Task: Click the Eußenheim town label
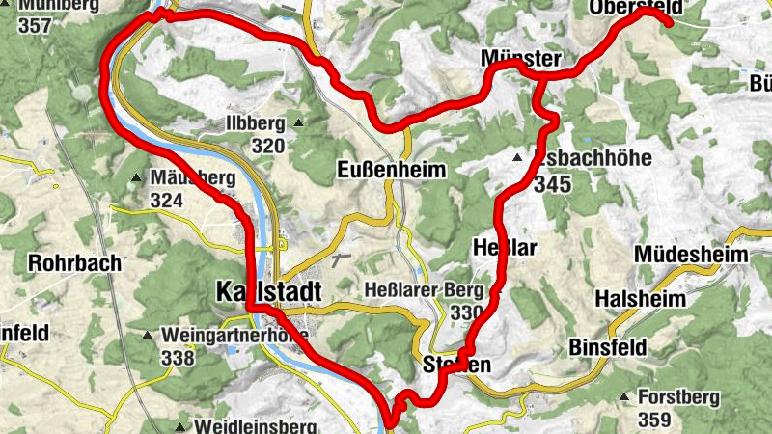click(x=392, y=171)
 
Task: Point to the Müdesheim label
click(x=692, y=255)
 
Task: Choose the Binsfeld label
click(x=613, y=345)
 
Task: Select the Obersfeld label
click(x=634, y=9)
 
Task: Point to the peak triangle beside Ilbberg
click(x=300, y=122)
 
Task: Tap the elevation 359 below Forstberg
click(x=654, y=420)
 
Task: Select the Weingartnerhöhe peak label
click(x=235, y=336)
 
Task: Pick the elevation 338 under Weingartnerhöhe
click(x=179, y=359)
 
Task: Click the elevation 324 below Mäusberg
click(x=167, y=201)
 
